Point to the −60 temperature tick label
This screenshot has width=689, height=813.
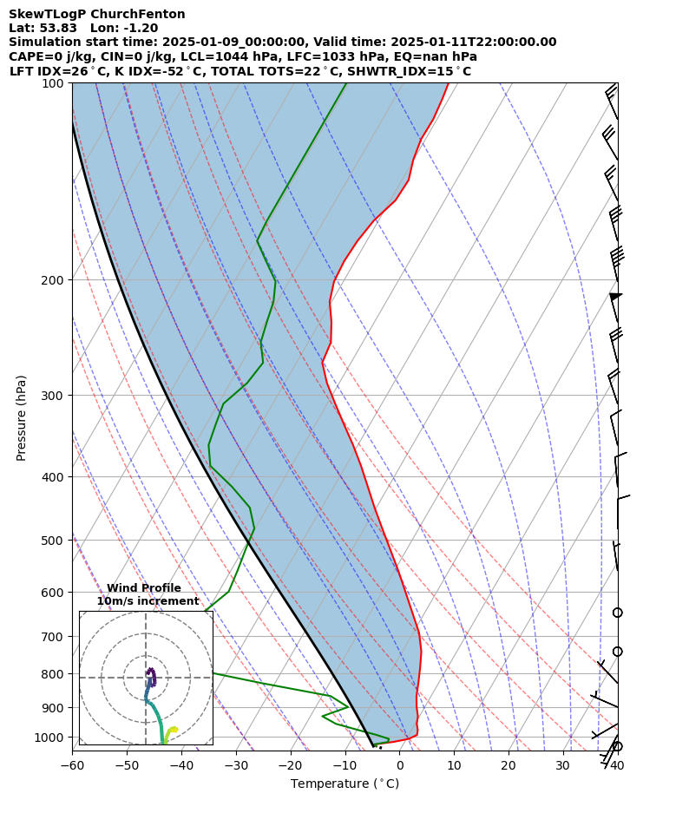tap(72, 765)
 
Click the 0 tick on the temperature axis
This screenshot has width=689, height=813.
tap(399, 765)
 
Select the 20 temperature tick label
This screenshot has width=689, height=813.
tap(509, 765)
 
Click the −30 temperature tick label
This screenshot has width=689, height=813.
tap(236, 765)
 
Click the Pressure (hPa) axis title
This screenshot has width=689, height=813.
tap(21, 417)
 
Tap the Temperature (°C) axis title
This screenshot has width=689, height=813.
tap(344, 783)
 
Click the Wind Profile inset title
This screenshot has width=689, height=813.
tap(144, 588)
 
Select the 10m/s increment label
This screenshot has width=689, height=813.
tap(148, 601)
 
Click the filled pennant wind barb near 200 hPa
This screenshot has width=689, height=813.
tap(615, 297)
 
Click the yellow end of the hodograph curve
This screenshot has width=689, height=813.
tap(174, 729)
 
